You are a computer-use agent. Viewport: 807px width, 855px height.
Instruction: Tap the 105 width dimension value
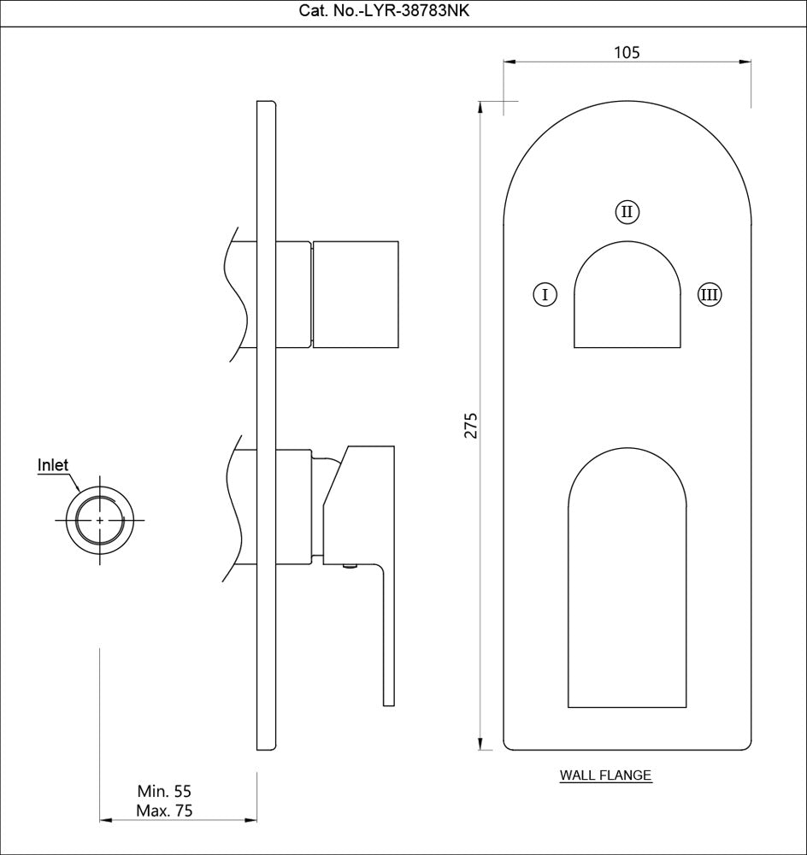pyautogui.click(x=627, y=52)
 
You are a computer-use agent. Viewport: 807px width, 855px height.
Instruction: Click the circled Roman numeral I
pyautogui.click(x=545, y=295)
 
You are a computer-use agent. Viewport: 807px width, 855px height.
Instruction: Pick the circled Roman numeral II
pyautogui.click(x=627, y=211)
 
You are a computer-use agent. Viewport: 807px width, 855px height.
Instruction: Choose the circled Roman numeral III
pyautogui.click(x=709, y=295)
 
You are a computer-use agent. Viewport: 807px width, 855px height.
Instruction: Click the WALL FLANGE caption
pyautogui.click(x=605, y=776)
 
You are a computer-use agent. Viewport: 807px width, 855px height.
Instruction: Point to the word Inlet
pyautogui.click(x=53, y=466)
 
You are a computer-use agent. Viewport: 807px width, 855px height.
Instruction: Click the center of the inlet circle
pyautogui.click(x=101, y=520)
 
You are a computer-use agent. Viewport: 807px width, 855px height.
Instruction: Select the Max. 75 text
pyautogui.click(x=165, y=811)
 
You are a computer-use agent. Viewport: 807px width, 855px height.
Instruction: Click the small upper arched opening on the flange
pyautogui.click(x=627, y=299)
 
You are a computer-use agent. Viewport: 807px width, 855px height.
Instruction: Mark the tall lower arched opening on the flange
pyautogui.click(x=627, y=590)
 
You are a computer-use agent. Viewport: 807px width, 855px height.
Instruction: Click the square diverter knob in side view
pyautogui.click(x=356, y=295)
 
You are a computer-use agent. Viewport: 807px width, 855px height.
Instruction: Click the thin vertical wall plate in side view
pyautogui.click(x=267, y=427)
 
